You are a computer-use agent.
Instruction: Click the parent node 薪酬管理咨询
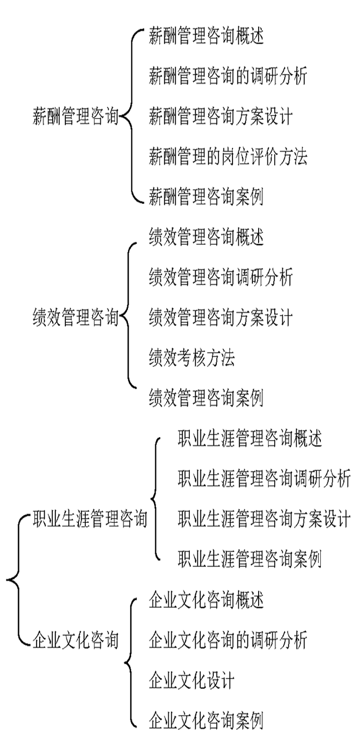point(75,117)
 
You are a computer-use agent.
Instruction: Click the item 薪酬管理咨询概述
point(206,36)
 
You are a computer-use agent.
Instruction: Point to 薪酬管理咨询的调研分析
point(228,76)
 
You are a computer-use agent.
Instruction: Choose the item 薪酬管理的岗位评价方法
point(228,157)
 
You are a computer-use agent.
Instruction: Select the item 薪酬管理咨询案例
point(206,197)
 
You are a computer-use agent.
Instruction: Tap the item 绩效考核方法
point(192,358)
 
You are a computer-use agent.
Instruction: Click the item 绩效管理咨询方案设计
point(221,317)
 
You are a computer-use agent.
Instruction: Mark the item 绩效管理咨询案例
point(206,398)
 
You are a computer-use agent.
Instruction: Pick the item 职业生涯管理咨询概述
point(250,439)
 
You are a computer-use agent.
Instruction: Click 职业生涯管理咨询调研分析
point(264,479)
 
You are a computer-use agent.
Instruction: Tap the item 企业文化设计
point(192,681)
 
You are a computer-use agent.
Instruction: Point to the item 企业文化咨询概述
point(206,600)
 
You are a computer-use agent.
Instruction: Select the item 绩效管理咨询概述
point(206,237)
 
